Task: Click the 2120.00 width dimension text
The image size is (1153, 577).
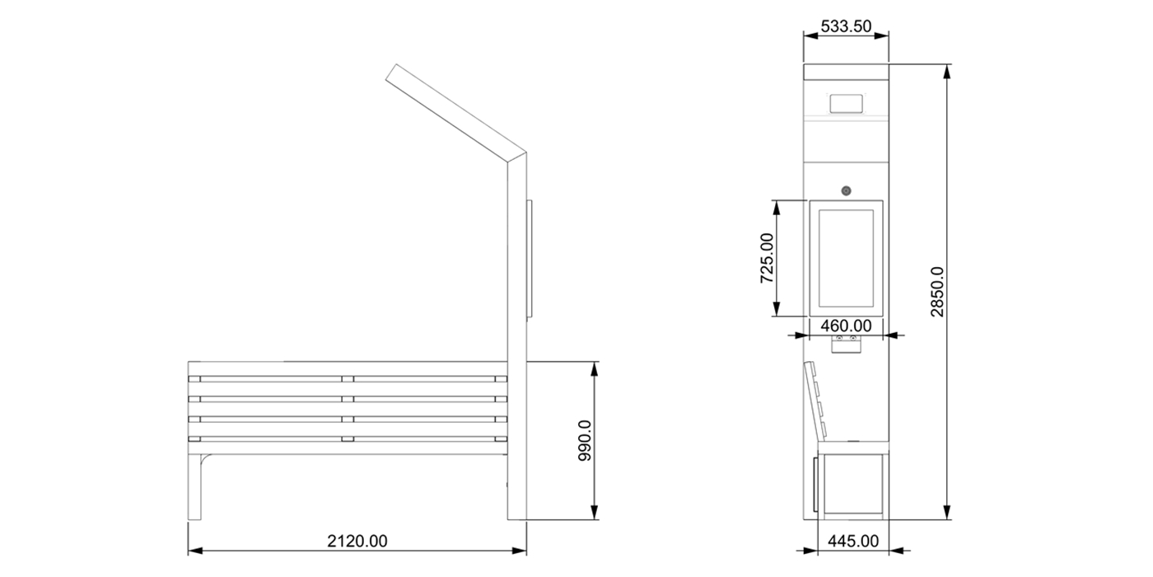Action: pyautogui.click(x=357, y=542)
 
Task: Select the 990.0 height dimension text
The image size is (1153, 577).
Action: pyautogui.click(x=585, y=441)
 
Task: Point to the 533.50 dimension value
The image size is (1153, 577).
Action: pyautogui.click(x=846, y=26)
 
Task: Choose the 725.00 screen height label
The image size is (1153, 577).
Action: pyautogui.click(x=766, y=258)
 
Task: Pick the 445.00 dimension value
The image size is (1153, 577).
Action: pyautogui.click(x=853, y=541)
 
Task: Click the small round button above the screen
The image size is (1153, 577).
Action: pyautogui.click(x=846, y=191)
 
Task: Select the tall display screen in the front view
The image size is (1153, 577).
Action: pyautogui.click(x=846, y=257)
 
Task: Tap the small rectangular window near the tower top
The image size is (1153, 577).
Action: pyautogui.click(x=846, y=104)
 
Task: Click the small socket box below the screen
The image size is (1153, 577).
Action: pyautogui.click(x=846, y=344)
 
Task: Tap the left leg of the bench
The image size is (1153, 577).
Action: pyautogui.click(x=194, y=486)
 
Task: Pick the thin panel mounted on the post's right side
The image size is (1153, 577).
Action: pyautogui.click(x=530, y=259)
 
